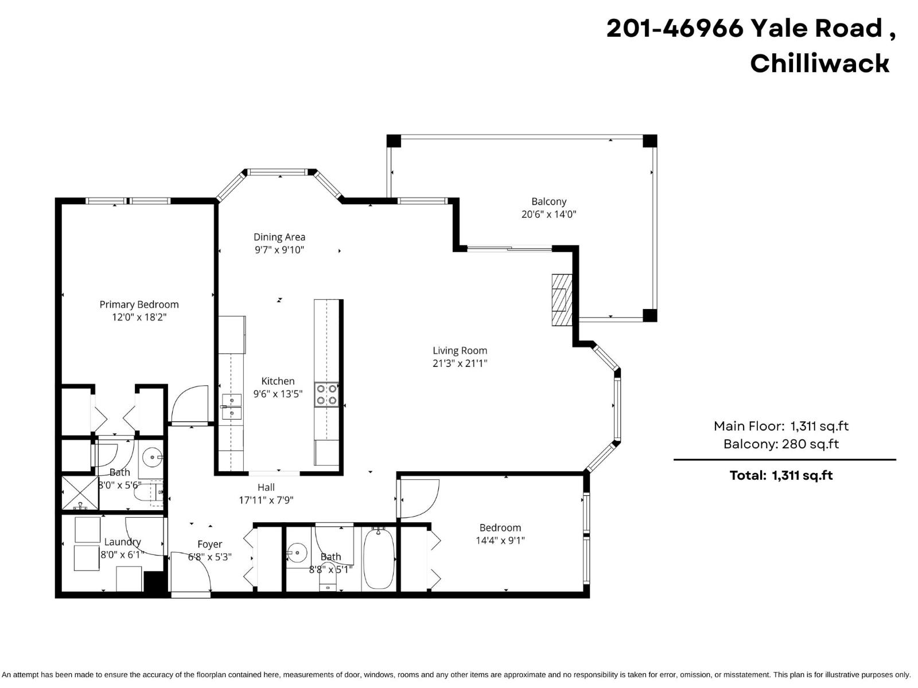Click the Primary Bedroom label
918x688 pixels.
pyautogui.click(x=139, y=304)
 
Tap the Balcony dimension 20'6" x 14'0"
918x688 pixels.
pyautogui.click(x=549, y=214)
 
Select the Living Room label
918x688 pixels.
pyautogui.click(x=460, y=350)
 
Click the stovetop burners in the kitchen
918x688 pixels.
pyautogui.click(x=326, y=394)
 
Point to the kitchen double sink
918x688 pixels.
pyautogui.click(x=232, y=406)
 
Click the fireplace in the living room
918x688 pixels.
pyautogui.click(x=562, y=300)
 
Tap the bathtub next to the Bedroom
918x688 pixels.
pyautogui.click(x=378, y=559)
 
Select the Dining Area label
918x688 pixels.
pyautogui.click(x=279, y=237)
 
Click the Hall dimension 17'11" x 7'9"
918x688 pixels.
pyautogui.click(x=266, y=500)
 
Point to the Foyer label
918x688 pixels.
pyautogui.click(x=209, y=544)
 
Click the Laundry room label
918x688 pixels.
pyautogui.click(x=122, y=542)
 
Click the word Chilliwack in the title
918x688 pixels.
pyautogui.click(x=819, y=63)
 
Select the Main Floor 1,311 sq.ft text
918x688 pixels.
pyautogui.click(x=781, y=426)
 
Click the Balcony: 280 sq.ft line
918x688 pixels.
pyautogui.click(x=781, y=444)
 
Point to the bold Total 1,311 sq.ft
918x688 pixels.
pyautogui.click(x=781, y=475)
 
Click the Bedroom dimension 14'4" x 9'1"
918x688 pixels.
pyautogui.click(x=500, y=540)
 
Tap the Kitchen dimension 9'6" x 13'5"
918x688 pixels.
pyautogui.click(x=278, y=394)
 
